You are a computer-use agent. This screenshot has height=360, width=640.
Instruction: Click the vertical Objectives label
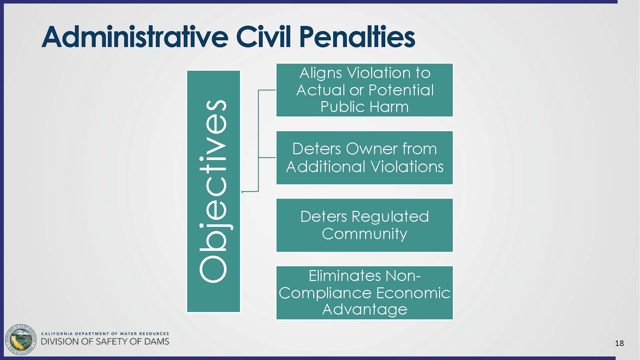[x=213, y=191]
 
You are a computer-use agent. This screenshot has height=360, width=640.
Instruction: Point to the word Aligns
[x=321, y=73]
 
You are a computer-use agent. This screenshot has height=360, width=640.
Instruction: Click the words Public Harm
[x=364, y=107]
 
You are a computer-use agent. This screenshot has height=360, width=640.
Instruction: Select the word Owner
[x=372, y=149]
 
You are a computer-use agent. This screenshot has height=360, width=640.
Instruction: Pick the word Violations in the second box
[x=407, y=166]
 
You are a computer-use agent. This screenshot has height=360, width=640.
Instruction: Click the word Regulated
[x=390, y=217]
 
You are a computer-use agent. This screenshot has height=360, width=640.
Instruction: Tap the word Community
[x=364, y=234]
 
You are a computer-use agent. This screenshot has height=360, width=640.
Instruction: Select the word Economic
[x=413, y=293]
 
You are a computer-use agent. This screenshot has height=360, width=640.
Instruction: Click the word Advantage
[x=364, y=309]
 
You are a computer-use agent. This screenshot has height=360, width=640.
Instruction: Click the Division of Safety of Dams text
[x=105, y=341]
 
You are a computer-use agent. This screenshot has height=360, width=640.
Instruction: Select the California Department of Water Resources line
[x=105, y=333]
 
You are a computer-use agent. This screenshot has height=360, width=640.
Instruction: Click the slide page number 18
[x=619, y=343]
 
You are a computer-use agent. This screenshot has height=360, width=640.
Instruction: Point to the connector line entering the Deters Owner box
[x=267, y=157]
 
